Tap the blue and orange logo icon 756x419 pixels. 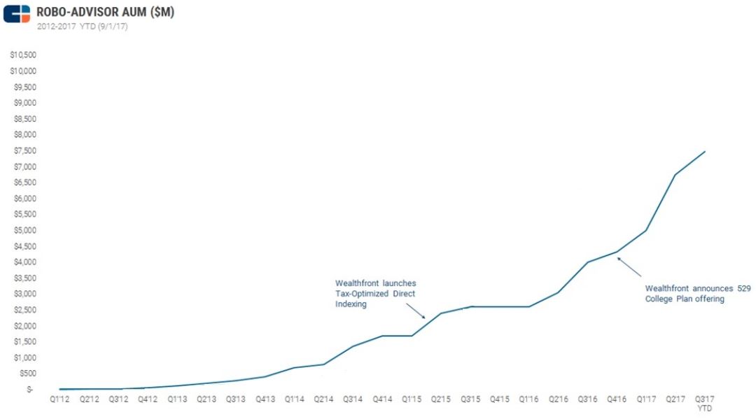point(17,13)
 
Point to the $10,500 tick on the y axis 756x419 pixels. point(24,55)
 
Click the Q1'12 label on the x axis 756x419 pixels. point(59,399)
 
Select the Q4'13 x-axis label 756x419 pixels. point(265,399)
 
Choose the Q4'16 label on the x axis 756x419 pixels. point(617,399)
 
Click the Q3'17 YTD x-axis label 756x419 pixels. point(704,403)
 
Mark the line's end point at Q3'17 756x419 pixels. point(704,151)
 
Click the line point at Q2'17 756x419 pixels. point(675,175)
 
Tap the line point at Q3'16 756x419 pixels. point(587,262)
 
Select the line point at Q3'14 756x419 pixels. point(353,346)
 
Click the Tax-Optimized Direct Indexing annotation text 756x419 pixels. point(375,294)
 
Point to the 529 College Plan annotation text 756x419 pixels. point(697,293)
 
